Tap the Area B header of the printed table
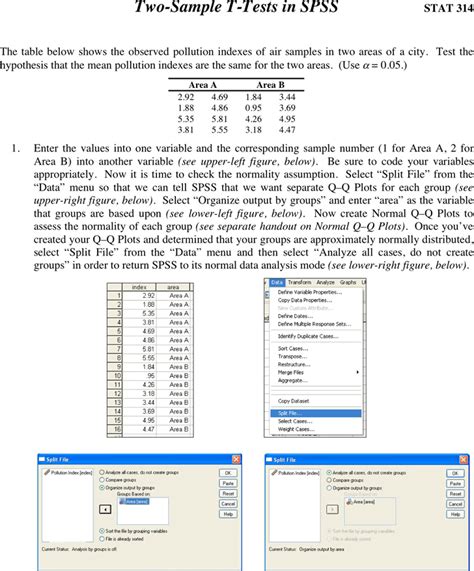(270, 85)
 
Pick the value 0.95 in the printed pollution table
(253, 106)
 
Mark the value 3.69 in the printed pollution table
(286, 106)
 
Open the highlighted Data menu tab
(277, 283)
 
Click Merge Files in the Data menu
(292, 371)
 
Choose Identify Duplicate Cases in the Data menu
(305, 335)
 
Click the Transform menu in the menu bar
(301, 283)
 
